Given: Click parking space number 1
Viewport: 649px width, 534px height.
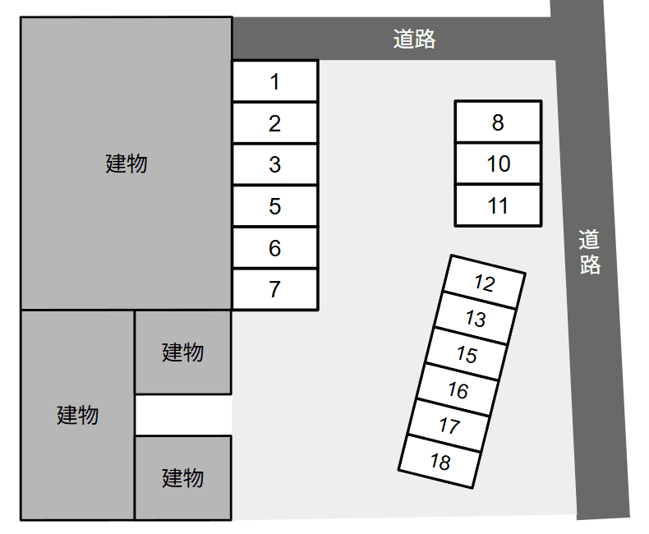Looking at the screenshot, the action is [275, 81].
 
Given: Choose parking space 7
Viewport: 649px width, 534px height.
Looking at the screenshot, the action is [275, 289].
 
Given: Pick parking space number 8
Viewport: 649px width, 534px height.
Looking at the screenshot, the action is [498, 122].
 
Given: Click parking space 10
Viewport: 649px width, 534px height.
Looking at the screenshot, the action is [498, 163].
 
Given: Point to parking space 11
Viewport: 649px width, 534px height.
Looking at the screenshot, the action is [498, 205].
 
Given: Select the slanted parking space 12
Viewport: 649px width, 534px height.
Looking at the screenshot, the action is [484, 283].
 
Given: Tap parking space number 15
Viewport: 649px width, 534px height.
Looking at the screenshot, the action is [467, 354].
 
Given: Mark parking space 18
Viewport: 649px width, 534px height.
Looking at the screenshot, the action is [440, 462].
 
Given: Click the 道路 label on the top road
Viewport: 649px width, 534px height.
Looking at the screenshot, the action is [414, 39].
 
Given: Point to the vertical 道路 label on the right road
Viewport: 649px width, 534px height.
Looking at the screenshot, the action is [589, 252].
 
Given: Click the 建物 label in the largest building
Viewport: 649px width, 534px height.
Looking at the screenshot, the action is [127, 163].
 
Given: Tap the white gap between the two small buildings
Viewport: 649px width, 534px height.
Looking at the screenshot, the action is [183, 415].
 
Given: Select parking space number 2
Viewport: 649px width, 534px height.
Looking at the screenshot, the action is [275, 123].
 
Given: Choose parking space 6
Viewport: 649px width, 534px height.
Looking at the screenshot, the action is [275, 248].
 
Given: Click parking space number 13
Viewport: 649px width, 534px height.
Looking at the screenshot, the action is [475, 318].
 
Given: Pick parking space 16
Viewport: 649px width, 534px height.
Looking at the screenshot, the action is [458, 390].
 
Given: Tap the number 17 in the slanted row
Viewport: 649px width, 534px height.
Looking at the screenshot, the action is [449, 426].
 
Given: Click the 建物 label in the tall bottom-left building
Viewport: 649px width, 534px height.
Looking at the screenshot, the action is [77, 415].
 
